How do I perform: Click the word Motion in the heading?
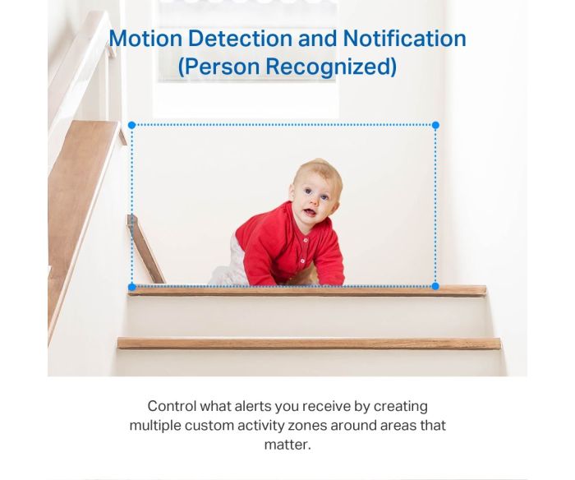click(145, 38)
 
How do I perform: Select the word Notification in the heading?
click(404, 38)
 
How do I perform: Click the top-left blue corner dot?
click(132, 125)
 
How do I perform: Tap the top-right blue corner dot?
click(435, 125)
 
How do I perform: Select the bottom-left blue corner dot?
click(132, 286)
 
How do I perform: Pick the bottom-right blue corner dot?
click(435, 286)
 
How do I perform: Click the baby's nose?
click(315, 201)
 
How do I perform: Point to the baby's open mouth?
click(310, 212)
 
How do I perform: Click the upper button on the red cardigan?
click(306, 240)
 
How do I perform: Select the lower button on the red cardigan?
click(302, 261)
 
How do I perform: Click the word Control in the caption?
click(172, 406)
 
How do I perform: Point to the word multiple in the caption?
click(155, 426)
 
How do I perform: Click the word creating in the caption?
click(401, 407)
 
